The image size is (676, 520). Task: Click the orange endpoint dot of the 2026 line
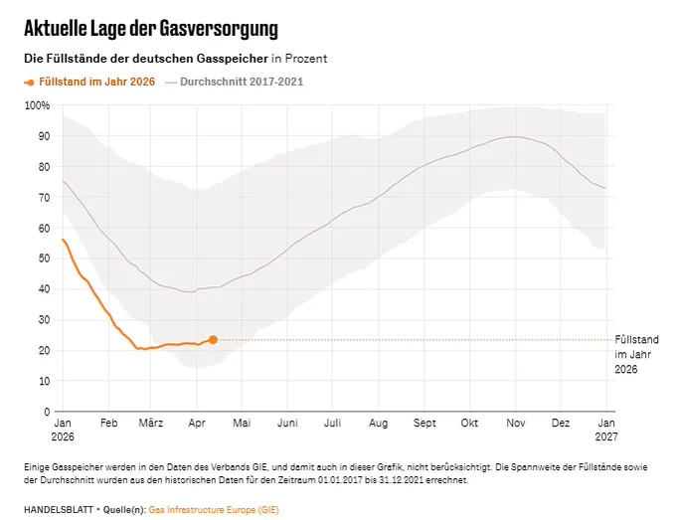pyautogui.click(x=213, y=340)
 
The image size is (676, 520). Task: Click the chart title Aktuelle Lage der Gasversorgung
pyautogui.click(x=151, y=29)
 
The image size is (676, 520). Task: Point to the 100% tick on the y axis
pyautogui.click(x=37, y=105)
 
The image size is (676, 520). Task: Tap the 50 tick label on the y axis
pyautogui.click(x=45, y=259)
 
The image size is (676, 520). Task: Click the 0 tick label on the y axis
pyautogui.click(x=47, y=412)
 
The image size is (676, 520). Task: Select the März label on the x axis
pyautogui.click(x=151, y=423)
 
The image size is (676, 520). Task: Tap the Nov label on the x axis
pyautogui.click(x=516, y=423)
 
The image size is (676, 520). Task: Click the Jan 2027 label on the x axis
pyautogui.click(x=606, y=430)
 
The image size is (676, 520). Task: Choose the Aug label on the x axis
pyautogui.click(x=378, y=424)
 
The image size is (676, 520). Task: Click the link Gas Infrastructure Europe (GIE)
pyautogui.click(x=214, y=510)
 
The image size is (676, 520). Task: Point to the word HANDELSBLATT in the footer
pyautogui.click(x=59, y=510)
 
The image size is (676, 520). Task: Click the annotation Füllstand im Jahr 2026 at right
pyautogui.click(x=636, y=354)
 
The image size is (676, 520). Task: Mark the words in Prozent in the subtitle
pyautogui.click(x=299, y=59)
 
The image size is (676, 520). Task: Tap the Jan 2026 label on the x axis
pyautogui.click(x=63, y=430)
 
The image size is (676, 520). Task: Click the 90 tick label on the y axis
pyautogui.click(x=45, y=136)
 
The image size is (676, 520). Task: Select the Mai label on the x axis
pyautogui.click(x=242, y=423)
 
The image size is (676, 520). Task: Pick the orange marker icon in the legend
pyautogui.click(x=29, y=83)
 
